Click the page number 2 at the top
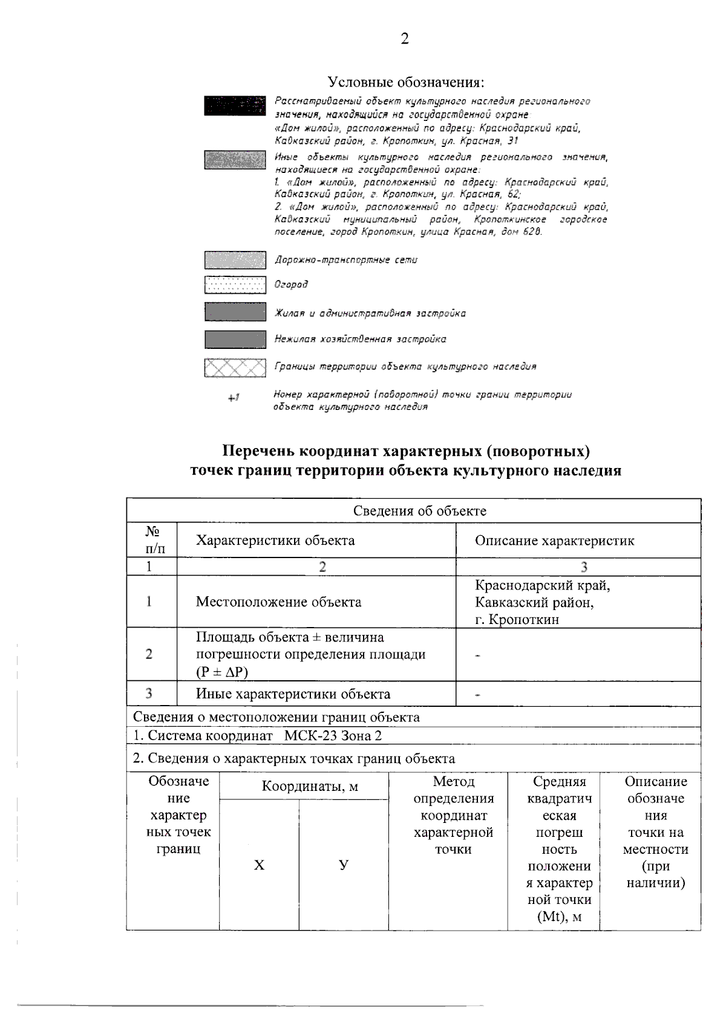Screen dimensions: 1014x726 (x=405, y=39)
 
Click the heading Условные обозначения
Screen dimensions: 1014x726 (x=405, y=82)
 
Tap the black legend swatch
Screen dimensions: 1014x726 (x=235, y=105)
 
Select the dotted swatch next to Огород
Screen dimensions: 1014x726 (x=235, y=285)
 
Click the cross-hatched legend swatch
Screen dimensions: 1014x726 (x=235, y=367)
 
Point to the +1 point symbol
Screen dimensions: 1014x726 (x=234, y=398)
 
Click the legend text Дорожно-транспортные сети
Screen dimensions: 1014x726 (x=346, y=260)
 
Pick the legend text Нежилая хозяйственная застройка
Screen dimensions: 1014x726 (x=361, y=339)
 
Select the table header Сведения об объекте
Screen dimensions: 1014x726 (x=419, y=511)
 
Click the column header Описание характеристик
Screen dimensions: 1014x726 (x=554, y=541)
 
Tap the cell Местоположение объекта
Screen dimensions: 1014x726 (x=278, y=602)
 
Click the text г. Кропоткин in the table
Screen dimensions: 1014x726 (x=517, y=620)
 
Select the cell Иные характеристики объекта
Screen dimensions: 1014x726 (x=293, y=694)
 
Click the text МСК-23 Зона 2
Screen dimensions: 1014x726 (x=333, y=736)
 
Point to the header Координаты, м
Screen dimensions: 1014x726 (x=310, y=786)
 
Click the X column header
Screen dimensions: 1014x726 (x=259, y=865)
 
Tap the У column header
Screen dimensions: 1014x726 (x=344, y=865)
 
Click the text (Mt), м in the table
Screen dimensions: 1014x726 (x=559, y=917)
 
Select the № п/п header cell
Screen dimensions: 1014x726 (x=152, y=540)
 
